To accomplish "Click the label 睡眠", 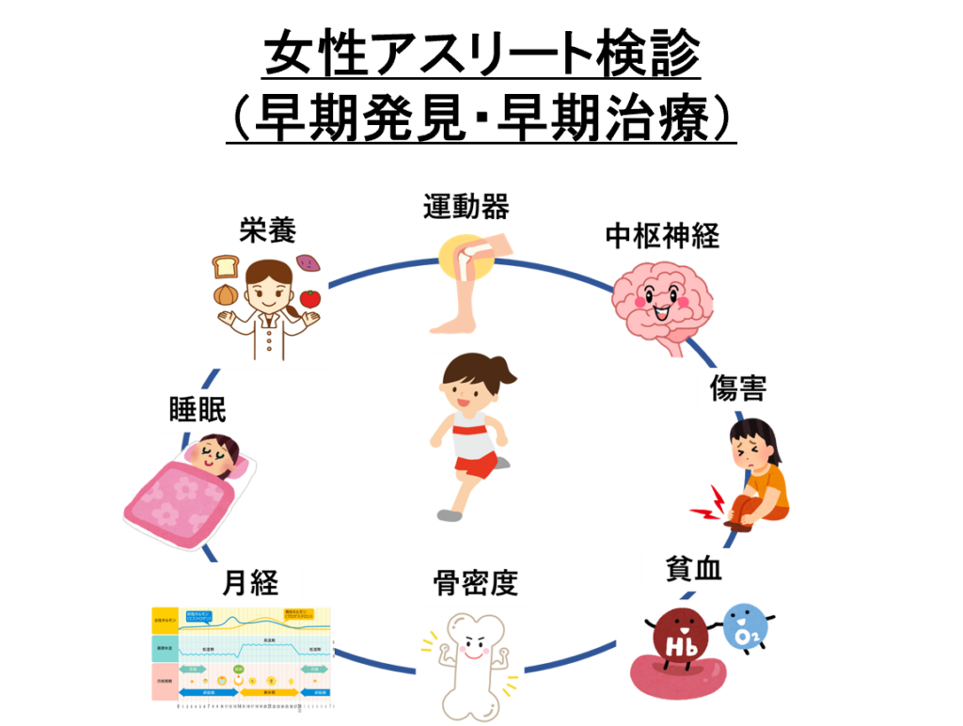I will pos(197,411).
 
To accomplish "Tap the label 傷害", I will pos(738,387).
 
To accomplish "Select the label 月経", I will pos(249,583).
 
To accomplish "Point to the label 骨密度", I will pos(475,583).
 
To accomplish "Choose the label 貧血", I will pos(693,570).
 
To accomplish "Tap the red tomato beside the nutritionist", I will pos(310,298).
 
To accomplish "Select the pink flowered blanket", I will pos(179,503).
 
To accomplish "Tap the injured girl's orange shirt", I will pos(772,485).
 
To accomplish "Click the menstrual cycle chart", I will pos(242,659).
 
